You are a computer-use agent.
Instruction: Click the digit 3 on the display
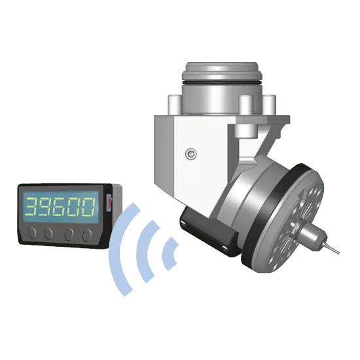pyautogui.click(x=32, y=206)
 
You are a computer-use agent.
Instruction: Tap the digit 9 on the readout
pyautogui.click(x=46, y=206)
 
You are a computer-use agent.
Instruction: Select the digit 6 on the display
pyautogui.click(x=60, y=207)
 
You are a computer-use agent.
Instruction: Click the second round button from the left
pyautogui.click(x=48, y=234)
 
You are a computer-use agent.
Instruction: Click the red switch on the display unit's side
pyautogui.click(x=110, y=202)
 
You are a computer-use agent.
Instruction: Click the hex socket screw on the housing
pyautogui.click(x=191, y=154)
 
